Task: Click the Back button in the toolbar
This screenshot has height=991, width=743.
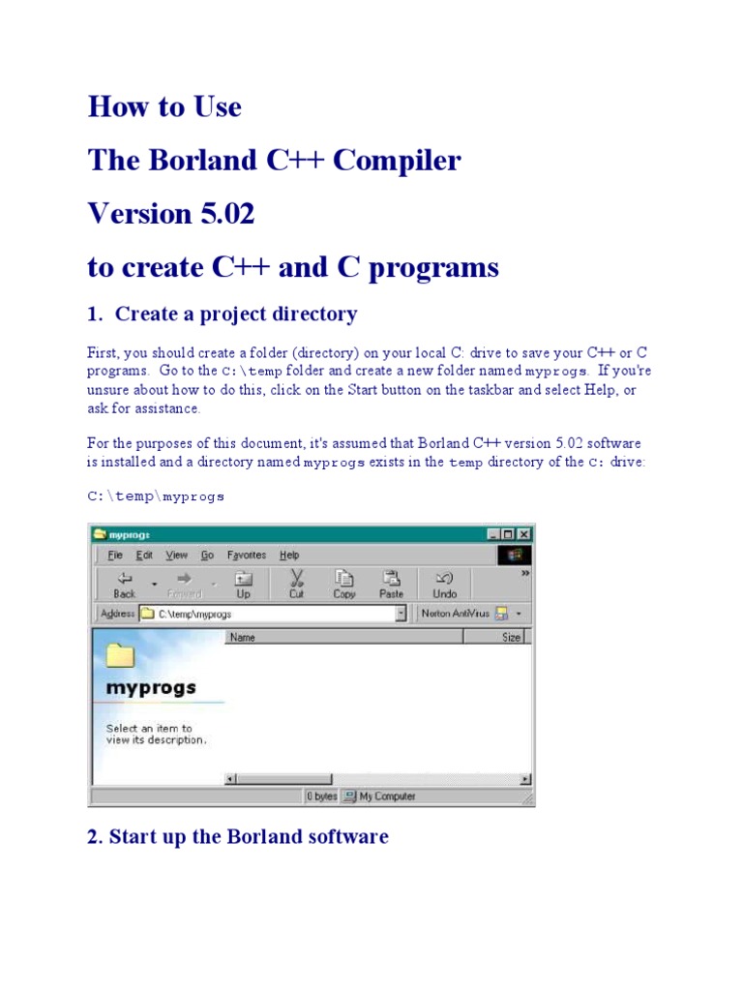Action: [124, 584]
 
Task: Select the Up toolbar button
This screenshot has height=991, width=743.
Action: [243, 584]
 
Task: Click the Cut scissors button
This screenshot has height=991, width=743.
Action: [296, 584]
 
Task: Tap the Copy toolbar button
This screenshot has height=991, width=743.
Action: [344, 584]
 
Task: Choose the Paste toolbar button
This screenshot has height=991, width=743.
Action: [391, 584]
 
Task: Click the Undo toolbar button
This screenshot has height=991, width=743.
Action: [445, 584]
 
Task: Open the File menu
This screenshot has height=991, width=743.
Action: [115, 556]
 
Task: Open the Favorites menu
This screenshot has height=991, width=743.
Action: [247, 556]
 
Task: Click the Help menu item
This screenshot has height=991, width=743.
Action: [289, 556]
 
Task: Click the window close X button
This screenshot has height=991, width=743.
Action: [523, 534]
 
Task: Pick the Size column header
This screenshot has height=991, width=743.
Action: [511, 638]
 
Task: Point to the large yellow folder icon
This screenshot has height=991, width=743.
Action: [120, 655]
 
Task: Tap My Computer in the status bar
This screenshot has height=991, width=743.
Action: [387, 796]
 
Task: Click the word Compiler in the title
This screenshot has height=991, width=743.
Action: [397, 160]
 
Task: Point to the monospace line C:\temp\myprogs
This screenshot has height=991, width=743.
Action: [156, 496]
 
